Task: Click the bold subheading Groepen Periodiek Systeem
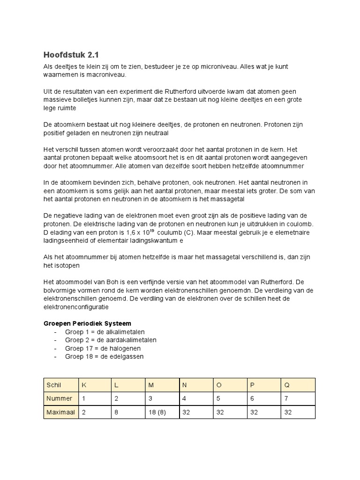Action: click(88, 323)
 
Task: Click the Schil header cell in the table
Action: click(54, 385)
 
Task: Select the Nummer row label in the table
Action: click(60, 398)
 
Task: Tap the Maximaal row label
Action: click(61, 412)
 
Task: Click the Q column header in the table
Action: click(287, 385)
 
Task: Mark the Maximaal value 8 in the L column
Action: click(116, 412)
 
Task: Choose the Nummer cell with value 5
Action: click(217, 398)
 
